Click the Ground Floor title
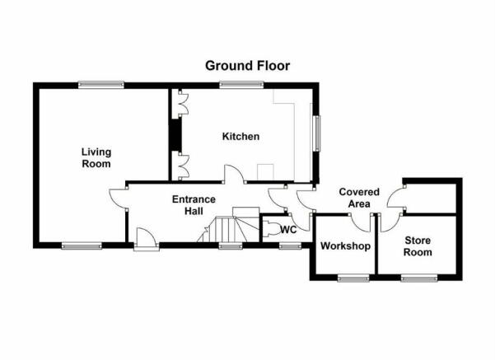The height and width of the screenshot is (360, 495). point(247,66)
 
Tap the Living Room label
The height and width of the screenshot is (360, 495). point(96,158)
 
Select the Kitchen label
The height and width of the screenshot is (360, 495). point(240,137)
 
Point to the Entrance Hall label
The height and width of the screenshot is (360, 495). point(194,205)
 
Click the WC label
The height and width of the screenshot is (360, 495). point(288,230)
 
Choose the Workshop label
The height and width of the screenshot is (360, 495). point(345,246)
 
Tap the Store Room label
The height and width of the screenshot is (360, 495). point(418,246)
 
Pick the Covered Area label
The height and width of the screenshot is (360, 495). point(359,198)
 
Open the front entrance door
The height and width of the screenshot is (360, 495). point(146,239)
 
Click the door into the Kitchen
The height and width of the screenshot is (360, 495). point(234,174)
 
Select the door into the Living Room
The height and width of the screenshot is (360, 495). point(119,199)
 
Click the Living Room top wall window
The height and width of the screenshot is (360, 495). point(101,85)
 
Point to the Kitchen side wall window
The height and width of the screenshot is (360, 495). point(316,133)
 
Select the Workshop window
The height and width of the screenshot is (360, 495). point(353,278)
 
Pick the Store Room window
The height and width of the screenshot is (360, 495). point(419,278)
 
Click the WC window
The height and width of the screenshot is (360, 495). point(290,245)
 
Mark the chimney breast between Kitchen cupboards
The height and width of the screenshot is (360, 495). point(175,135)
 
